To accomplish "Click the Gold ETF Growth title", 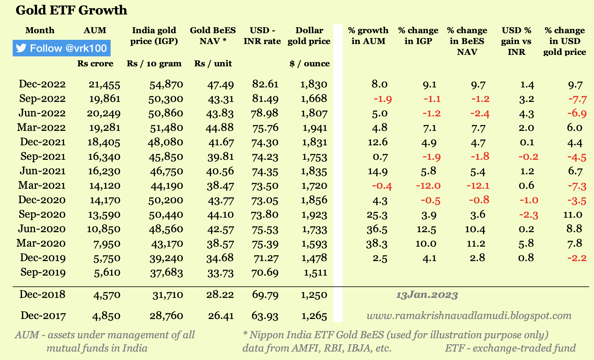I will click(71, 10).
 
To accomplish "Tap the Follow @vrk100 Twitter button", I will click(62, 48).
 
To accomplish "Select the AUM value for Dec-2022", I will click(104, 85).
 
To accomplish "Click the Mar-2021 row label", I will click(42, 185).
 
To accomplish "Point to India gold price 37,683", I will click(166, 273).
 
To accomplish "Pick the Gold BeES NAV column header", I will click(213, 36).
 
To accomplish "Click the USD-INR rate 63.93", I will click(265, 316).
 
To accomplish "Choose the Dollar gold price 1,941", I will click(315, 128).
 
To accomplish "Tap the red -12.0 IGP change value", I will click(428, 186).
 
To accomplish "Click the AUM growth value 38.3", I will click(377, 243).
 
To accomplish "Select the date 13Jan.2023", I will click(427, 295).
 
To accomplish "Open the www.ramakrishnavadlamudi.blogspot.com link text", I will click(469, 316).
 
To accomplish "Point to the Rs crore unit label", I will click(95, 64).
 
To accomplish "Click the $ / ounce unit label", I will click(310, 64).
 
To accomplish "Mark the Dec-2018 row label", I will click(42, 294).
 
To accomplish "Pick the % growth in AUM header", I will click(368, 36).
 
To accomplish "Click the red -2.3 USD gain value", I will click(528, 215).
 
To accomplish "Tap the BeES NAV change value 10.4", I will click(475, 229).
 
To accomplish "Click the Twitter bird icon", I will click(21, 48).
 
